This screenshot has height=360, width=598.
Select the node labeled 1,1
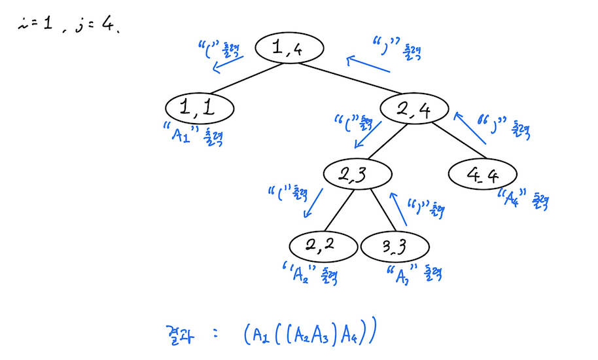coord(198,108)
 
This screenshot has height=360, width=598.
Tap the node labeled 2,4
coord(414,109)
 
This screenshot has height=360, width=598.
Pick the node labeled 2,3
coord(357,174)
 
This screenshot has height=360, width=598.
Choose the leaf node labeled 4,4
coord(482,175)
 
